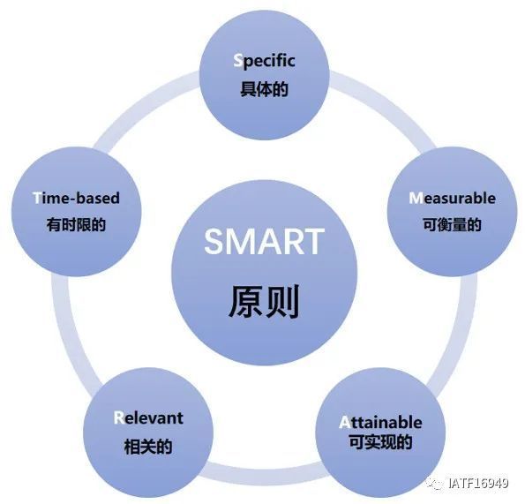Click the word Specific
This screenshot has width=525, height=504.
coord(264,62)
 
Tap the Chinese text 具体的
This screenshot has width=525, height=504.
coord(264,89)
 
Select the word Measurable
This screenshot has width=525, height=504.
coord(452,199)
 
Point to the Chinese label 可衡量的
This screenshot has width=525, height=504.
coord(452,224)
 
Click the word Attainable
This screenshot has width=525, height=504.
coord(380,422)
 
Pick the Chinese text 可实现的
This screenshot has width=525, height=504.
coord(380,441)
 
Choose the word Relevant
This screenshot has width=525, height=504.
coord(148,417)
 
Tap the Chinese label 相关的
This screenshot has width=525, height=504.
coord(148,447)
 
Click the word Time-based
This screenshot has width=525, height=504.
coord(76,198)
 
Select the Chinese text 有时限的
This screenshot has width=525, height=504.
coord(76,224)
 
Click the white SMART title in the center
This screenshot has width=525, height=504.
coord(264,241)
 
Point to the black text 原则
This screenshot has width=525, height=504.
coord(264,301)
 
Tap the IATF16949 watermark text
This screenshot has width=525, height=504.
coord(478,483)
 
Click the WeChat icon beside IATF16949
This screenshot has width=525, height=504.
coord(435,483)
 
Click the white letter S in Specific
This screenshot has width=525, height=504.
coord(237,61)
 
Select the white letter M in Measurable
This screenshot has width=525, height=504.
coord(416,198)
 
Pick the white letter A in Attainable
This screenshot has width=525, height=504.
coord(344,422)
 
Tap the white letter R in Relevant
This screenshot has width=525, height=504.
coord(118,417)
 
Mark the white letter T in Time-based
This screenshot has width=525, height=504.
coord(37,198)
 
